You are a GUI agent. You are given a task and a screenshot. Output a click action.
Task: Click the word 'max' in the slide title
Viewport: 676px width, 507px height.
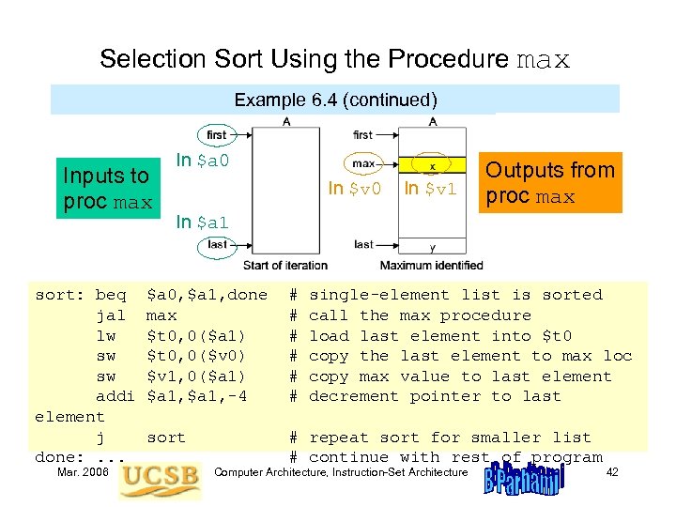tap(543, 60)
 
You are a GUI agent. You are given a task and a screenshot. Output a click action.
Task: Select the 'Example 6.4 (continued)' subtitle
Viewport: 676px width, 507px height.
tap(336, 100)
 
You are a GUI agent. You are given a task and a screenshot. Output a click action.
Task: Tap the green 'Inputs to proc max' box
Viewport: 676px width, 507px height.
tap(106, 189)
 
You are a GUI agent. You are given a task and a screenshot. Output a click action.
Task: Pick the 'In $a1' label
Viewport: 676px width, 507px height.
tap(203, 223)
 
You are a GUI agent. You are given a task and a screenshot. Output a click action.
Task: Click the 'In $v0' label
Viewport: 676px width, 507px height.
tap(355, 189)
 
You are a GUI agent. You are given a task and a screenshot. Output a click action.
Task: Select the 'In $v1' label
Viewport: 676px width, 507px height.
tap(430, 189)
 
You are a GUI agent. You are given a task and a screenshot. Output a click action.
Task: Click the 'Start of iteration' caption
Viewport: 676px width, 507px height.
tap(284, 265)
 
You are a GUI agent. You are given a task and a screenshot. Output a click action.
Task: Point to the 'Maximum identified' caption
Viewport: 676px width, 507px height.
tap(432, 265)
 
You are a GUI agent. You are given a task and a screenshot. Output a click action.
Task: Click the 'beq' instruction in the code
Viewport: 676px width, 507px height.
tap(111, 295)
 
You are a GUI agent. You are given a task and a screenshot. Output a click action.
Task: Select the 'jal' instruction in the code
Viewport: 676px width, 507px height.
tap(111, 315)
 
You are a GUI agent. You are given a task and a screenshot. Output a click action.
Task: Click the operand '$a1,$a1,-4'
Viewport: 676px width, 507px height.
tap(197, 396)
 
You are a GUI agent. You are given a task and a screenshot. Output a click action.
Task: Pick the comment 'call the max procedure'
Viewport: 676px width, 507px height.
tap(420, 315)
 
